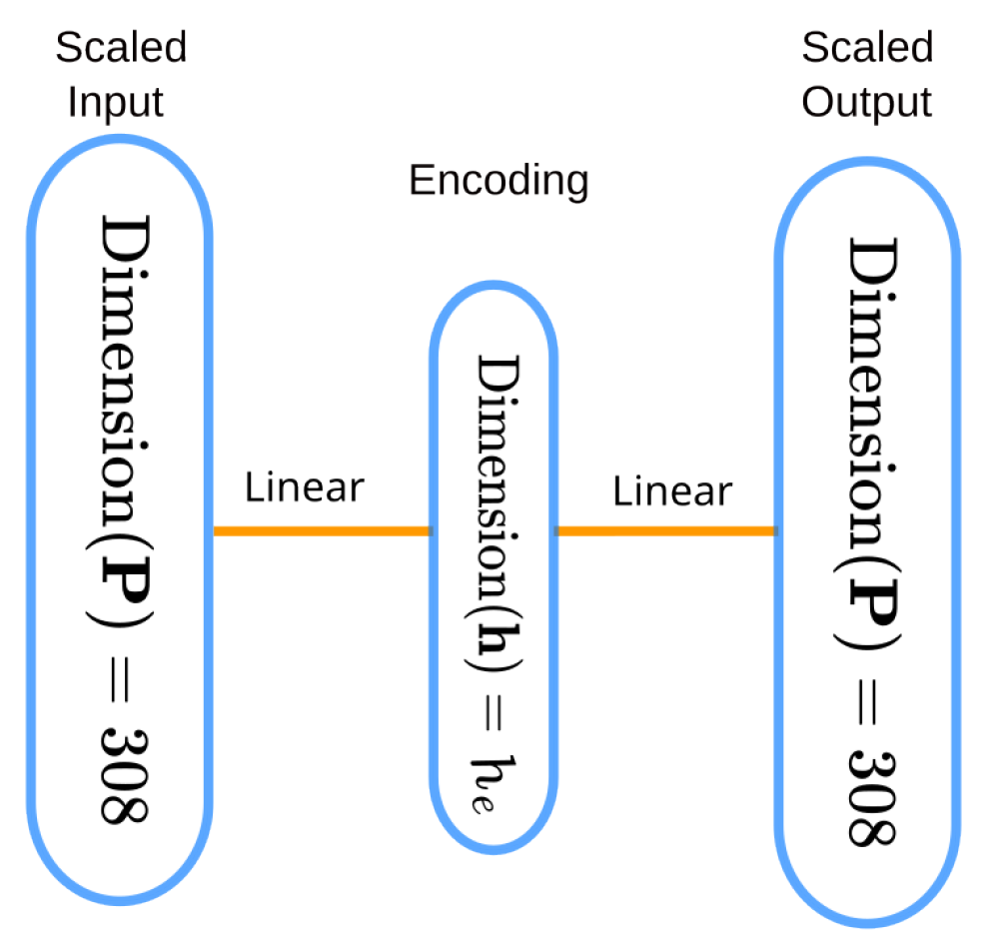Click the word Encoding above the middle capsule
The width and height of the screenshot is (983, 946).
click(498, 181)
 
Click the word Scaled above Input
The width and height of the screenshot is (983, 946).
click(121, 48)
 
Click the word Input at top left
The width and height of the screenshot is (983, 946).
click(116, 102)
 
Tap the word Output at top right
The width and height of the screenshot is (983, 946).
click(867, 102)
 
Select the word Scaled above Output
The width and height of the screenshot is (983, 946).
click(867, 48)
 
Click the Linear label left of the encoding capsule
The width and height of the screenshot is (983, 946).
click(305, 488)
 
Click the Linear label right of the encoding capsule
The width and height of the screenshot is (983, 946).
click(672, 491)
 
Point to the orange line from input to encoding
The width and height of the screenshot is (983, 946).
click(322, 531)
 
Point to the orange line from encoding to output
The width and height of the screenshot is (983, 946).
click(665, 531)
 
